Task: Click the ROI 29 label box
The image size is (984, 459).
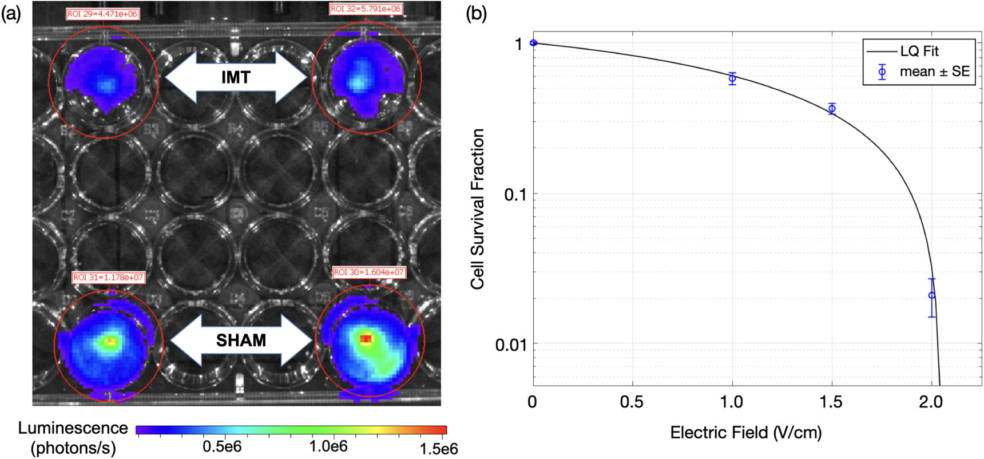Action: coord(102,14)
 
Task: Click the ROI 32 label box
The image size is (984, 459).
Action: coord(366,9)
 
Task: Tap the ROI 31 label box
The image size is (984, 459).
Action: coord(108,278)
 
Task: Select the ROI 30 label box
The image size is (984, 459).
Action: coord(369,272)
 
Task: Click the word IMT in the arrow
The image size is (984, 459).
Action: coord(236,77)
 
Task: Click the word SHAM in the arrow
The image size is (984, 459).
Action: coord(241,341)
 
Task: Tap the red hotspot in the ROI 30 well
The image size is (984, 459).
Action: coord(366,339)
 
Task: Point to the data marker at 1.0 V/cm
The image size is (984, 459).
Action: coord(732,78)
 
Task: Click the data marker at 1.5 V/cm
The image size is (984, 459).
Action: coord(832,109)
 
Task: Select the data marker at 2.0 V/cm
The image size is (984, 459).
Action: coord(932,295)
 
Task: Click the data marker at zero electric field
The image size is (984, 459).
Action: coord(534,43)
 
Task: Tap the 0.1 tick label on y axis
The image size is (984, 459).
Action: coord(515,195)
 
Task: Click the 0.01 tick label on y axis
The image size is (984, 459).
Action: coord(510,345)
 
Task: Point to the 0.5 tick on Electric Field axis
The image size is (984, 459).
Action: coord(632,402)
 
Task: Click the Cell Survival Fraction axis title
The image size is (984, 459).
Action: coord(478,209)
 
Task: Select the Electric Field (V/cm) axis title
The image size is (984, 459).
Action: coord(746,432)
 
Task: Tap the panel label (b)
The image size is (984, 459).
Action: coord(476,13)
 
